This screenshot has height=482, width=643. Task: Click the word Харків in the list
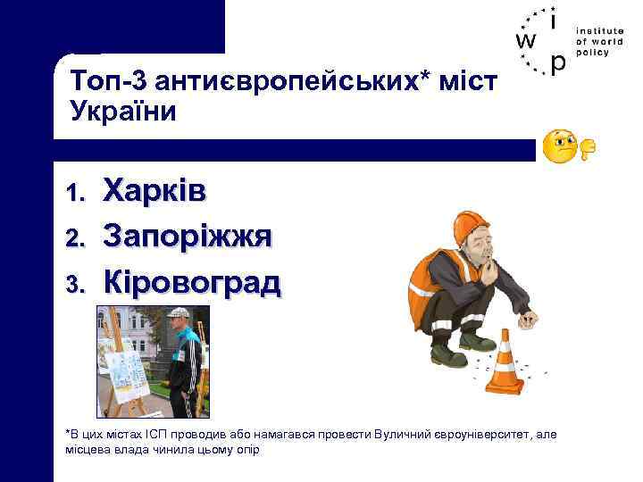(x=154, y=190)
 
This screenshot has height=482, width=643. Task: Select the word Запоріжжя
(x=187, y=237)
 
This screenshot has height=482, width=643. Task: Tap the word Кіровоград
(x=192, y=282)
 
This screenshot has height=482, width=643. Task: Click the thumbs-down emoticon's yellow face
(x=561, y=145)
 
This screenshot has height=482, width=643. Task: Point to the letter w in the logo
(x=526, y=41)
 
